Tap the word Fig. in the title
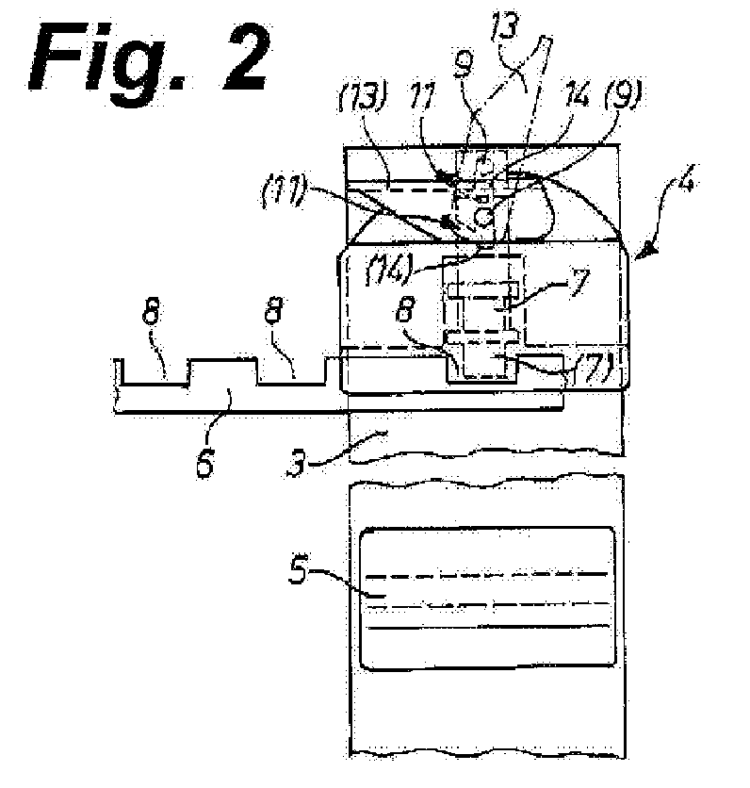113,58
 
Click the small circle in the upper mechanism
485,217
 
